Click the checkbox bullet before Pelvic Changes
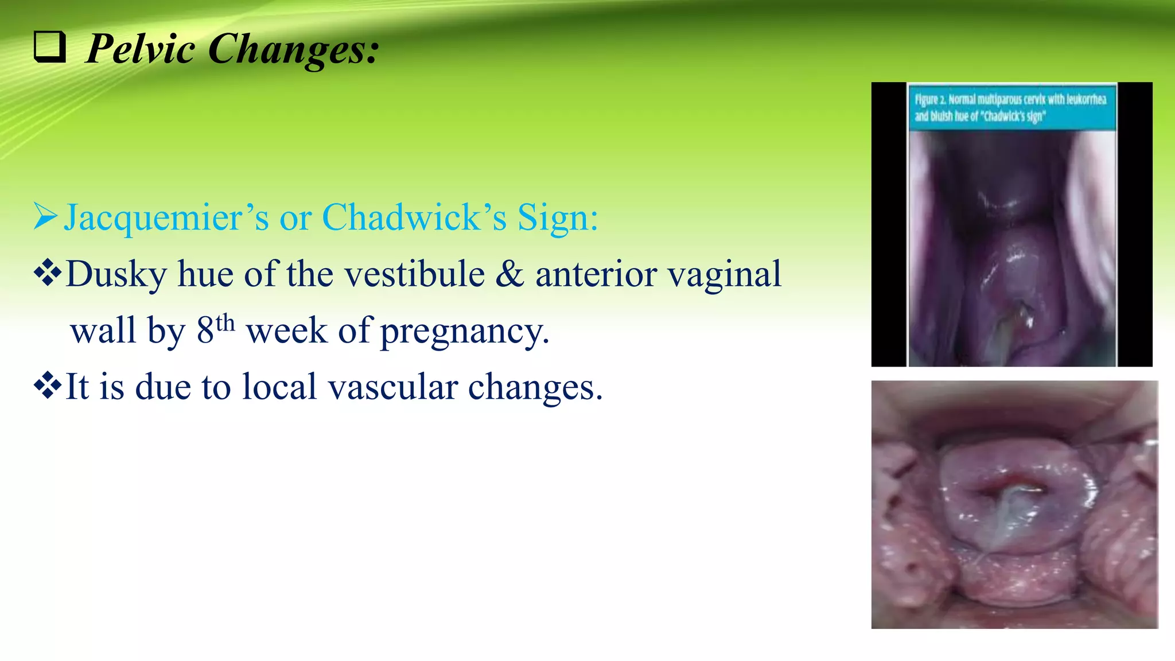coord(49,47)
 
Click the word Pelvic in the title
coord(141,49)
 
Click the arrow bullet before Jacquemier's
coord(45,216)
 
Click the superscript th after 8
coord(225,323)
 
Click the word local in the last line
coord(279,387)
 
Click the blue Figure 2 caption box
coord(1011,107)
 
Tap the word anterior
coord(596,274)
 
